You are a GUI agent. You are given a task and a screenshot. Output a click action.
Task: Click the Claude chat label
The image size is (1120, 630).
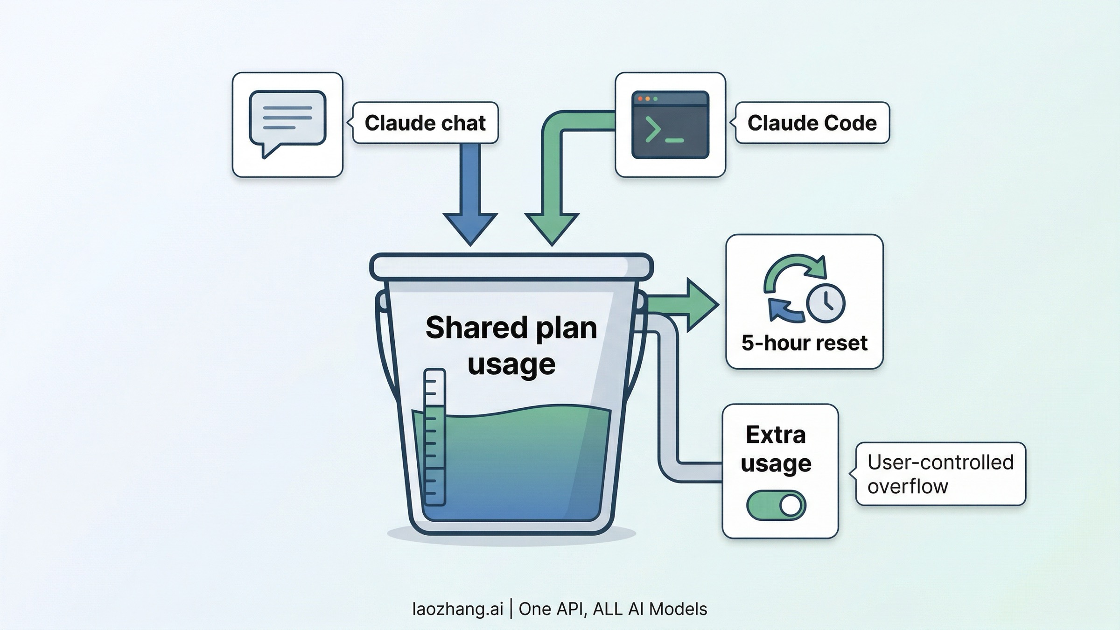(x=425, y=123)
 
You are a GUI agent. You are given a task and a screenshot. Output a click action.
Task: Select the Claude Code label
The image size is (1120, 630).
(x=812, y=123)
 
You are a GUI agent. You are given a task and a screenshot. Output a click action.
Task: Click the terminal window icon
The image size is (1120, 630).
(x=670, y=125)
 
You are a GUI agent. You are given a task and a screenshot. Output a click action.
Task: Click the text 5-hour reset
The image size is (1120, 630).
(x=804, y=343)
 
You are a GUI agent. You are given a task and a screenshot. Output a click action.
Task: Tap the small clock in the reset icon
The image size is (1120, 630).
(x=826, y=303)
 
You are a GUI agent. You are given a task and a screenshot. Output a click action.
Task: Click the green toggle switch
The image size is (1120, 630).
(x=776, y=505)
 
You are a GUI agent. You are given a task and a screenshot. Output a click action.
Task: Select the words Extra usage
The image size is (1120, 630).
(x=776, y=448)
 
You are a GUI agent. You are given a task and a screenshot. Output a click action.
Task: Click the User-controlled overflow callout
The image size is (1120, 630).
(x=940, y=474)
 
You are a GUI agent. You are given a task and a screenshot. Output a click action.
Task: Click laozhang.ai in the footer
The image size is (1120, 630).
(x=458, y=609)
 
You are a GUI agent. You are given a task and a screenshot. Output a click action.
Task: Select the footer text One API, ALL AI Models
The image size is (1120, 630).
(x=613, y=609)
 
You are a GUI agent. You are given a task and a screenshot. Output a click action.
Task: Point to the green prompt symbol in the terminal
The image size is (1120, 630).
(x=653, y=130)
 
